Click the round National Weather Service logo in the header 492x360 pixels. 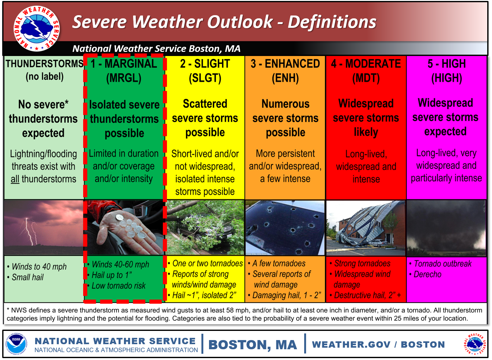[x=36, y=28]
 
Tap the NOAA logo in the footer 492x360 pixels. [x=16, y=344]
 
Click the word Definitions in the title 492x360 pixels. [x=332, y=22]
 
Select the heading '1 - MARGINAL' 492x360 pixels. [x=124, y=64]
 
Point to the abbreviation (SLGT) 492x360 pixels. [x=205, y=78]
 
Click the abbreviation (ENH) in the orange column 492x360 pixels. [x=285, y=78]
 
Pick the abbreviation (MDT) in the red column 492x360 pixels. [x=366, y=78]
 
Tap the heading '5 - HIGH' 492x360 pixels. [x=446, y=64]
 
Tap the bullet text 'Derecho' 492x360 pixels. [x=427, y=274]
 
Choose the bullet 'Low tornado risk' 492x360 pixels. [x=119, y=286]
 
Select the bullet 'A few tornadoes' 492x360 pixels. [x=279, y=263]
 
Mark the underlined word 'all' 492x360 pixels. [x=15, y=179]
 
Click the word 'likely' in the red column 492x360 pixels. [x=366, y=132]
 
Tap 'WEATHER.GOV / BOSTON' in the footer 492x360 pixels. [x=378, y=344]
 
